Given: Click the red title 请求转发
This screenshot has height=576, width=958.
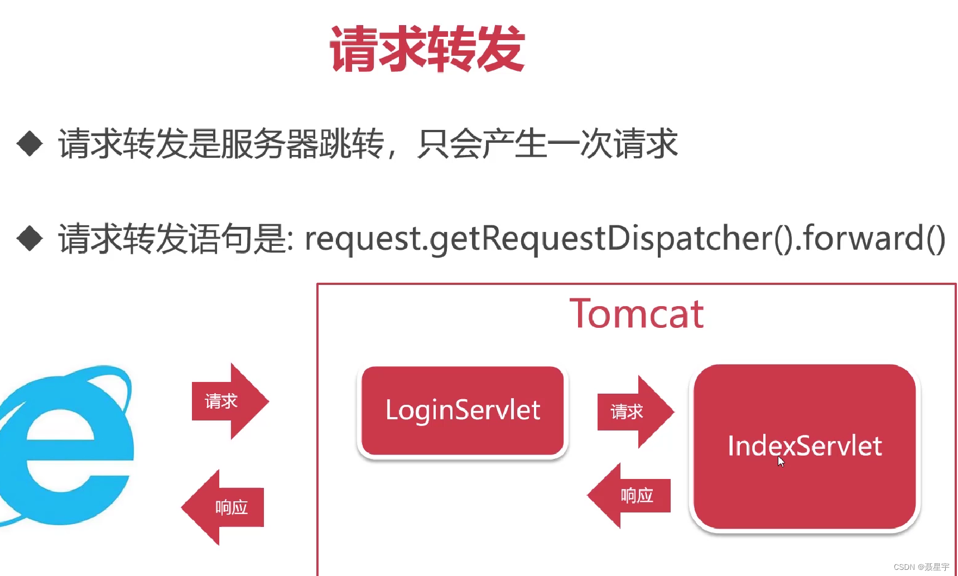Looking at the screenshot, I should click(x=427, y=49).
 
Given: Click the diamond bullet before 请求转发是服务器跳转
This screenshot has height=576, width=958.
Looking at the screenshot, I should click(x=30, y=144).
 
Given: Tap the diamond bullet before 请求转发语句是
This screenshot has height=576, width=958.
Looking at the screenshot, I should click(x=30, y=238).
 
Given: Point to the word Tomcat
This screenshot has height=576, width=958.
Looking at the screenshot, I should click(x=637, y=314).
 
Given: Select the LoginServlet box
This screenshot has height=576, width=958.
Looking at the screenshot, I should click(x=463, y=411).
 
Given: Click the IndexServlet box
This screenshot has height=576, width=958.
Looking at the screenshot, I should click(x=805, y=446).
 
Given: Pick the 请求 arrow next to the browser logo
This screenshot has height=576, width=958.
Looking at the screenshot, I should click(x=229, y=401).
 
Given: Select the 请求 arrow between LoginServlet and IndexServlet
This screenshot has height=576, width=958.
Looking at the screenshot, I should click(x=634, y=412).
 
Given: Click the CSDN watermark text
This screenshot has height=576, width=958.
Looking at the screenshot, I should click(x=921, y=567).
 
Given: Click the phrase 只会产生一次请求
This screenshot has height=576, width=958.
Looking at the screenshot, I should click(x=547, y=144).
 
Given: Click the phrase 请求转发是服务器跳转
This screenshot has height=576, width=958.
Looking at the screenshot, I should click(x=221, y=144).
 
